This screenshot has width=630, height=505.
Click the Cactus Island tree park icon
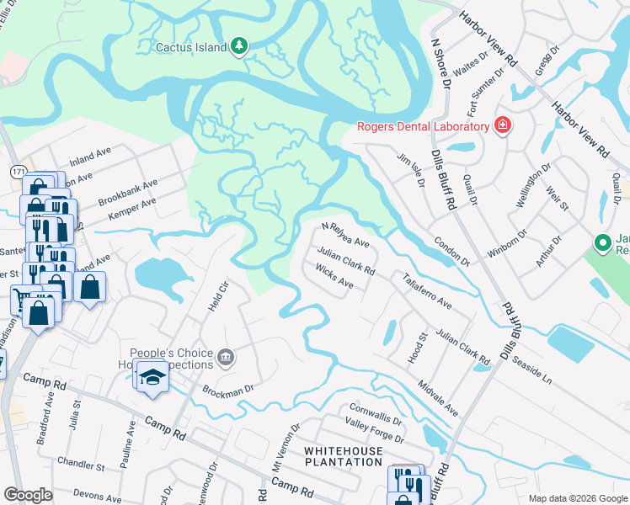click(x=239, y=46)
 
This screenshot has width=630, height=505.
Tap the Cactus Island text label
click(x=191, y=47)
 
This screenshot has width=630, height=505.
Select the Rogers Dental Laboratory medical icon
click(x=503, y=126)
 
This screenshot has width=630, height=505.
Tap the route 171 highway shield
click(x=18, y=171)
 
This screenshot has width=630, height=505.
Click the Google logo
click(x=28, y=495)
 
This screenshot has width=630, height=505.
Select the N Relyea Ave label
click(x=345, y=236)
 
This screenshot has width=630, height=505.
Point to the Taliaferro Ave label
click(x=427, y=292)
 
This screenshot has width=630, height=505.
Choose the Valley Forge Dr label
click(x=375, y=439)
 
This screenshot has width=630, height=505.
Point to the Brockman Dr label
click(x=227, y=390)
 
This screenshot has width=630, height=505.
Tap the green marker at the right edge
click(x=602, y=244)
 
